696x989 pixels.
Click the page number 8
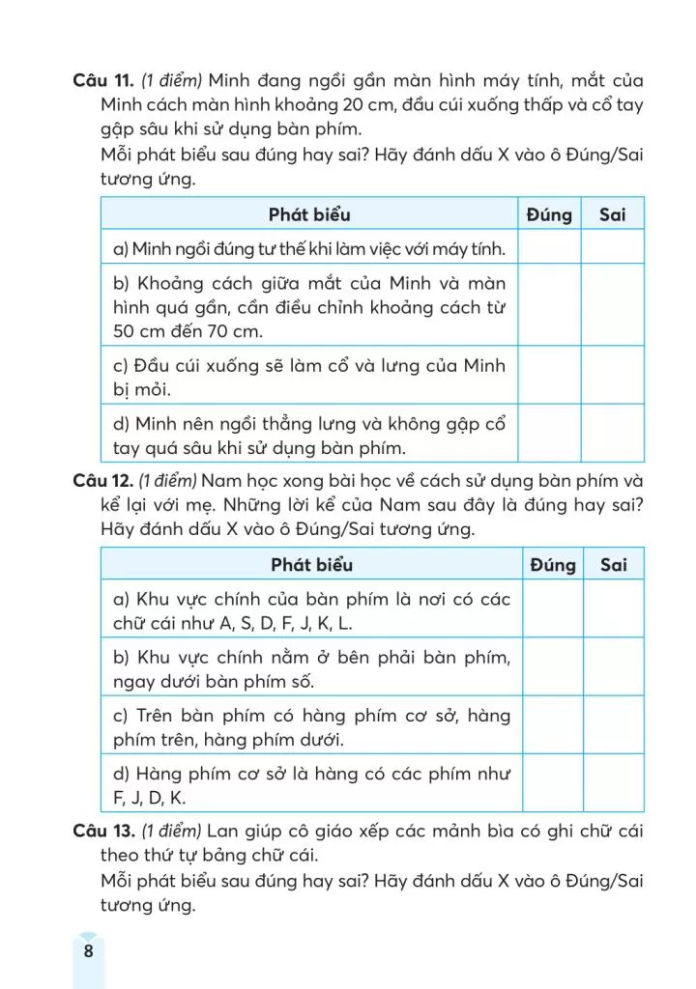88,950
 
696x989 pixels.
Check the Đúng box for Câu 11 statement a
549,249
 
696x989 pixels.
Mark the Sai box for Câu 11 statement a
612,249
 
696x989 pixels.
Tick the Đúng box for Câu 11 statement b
549,307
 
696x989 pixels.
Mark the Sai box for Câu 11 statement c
612,377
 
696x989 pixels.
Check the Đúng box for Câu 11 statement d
549,435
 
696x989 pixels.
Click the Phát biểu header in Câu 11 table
309,214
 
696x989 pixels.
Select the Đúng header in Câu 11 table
549,214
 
